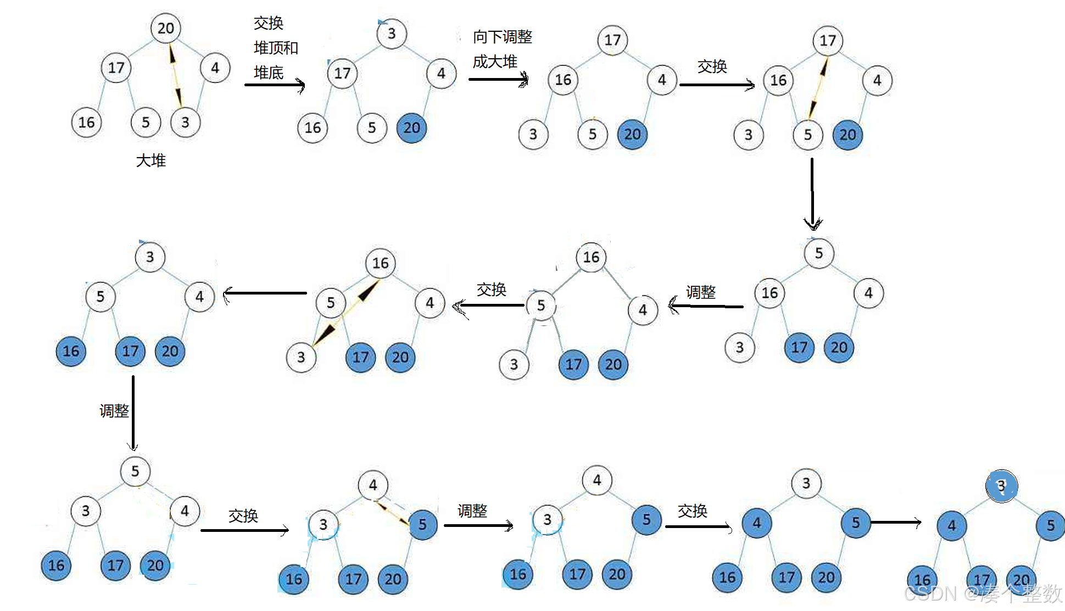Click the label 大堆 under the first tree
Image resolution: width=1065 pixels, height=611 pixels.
coord(150,160)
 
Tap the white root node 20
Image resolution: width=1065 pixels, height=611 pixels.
coord(166,28)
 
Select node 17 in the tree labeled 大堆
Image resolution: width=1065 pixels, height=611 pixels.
coord(116,68)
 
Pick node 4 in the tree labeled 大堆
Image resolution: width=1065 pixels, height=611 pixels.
coord(215,68)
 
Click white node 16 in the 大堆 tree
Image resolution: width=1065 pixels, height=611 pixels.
coord(86,122)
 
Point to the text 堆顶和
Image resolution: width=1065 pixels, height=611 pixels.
coord(276,48)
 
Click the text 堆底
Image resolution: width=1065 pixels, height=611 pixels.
coord(269,73)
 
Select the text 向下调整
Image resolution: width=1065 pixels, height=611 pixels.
coord(503,37)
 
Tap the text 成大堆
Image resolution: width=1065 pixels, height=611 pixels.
coord(495,62)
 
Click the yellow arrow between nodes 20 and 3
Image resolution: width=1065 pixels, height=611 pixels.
coord(175,75)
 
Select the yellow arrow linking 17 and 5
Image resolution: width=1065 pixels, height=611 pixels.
coord(818,88)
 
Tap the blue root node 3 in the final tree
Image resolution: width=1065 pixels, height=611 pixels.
coord(1001,486)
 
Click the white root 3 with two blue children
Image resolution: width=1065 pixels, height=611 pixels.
coord(806,484)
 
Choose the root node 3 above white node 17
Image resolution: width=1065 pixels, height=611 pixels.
coord(391,34)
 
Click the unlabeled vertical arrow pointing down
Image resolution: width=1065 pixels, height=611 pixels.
coord(812,192)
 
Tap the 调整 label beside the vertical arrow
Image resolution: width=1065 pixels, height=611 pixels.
coord(114,410)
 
